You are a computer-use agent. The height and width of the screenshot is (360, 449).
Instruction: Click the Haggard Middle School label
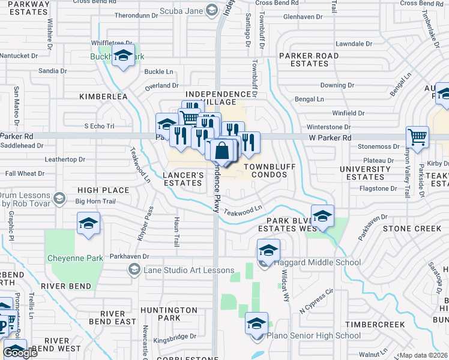pyautogui.click(x=317, y=262)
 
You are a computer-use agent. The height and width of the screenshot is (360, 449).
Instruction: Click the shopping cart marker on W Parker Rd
pyautogui.click(x=417, y=137)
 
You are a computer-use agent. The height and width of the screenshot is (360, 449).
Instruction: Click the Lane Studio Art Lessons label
pyautogui.click(x=188, y=270)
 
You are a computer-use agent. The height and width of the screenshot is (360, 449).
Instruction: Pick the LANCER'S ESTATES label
pyautogui.click(x=183, y=179)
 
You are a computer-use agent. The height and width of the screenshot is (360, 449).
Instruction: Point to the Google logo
pyautogui.click(x=20, y=353)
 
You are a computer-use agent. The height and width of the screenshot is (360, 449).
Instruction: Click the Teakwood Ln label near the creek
pyautogui.click(x=243, y=211)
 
